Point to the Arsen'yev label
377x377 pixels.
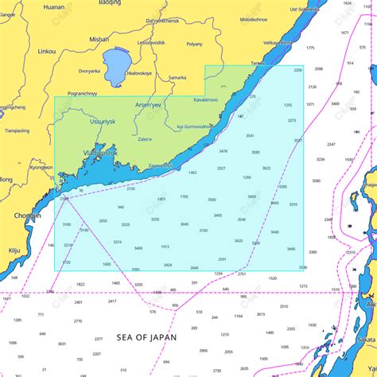point(148,104)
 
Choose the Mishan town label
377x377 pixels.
point(99,38)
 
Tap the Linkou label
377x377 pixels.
point(47,51)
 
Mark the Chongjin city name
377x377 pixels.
point(27,215)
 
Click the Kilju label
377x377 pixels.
point(14,250)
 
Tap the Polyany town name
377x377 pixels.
point(194,45)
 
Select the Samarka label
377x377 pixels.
point(177,78)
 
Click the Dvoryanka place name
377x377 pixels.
point(89,71)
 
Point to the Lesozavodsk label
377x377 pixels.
point(151,42)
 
